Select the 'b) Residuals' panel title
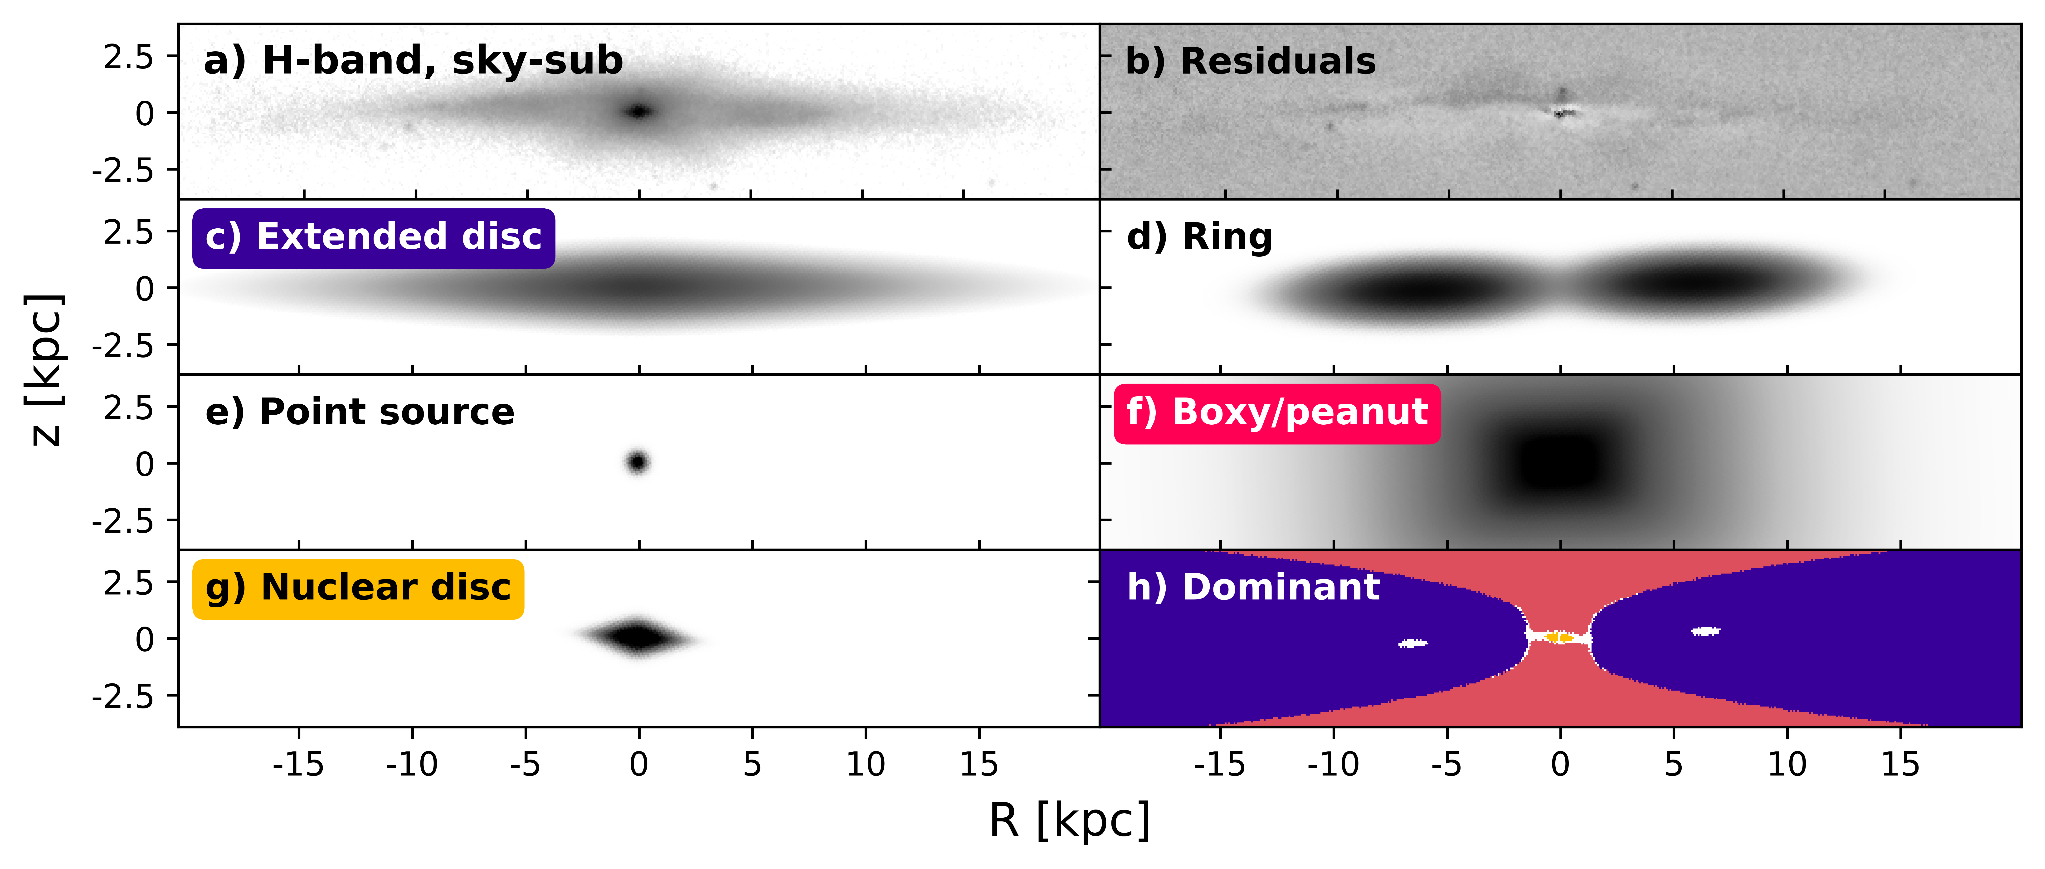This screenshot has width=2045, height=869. pyautogui.click(x=1250, y=61)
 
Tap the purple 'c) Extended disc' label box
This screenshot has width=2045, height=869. pyautogui.click(x=373, y=237)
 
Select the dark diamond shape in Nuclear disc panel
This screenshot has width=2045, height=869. pyautogui.click(x=638, y=637)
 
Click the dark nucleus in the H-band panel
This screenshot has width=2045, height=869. pyautogui.click(x=639, y=112)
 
